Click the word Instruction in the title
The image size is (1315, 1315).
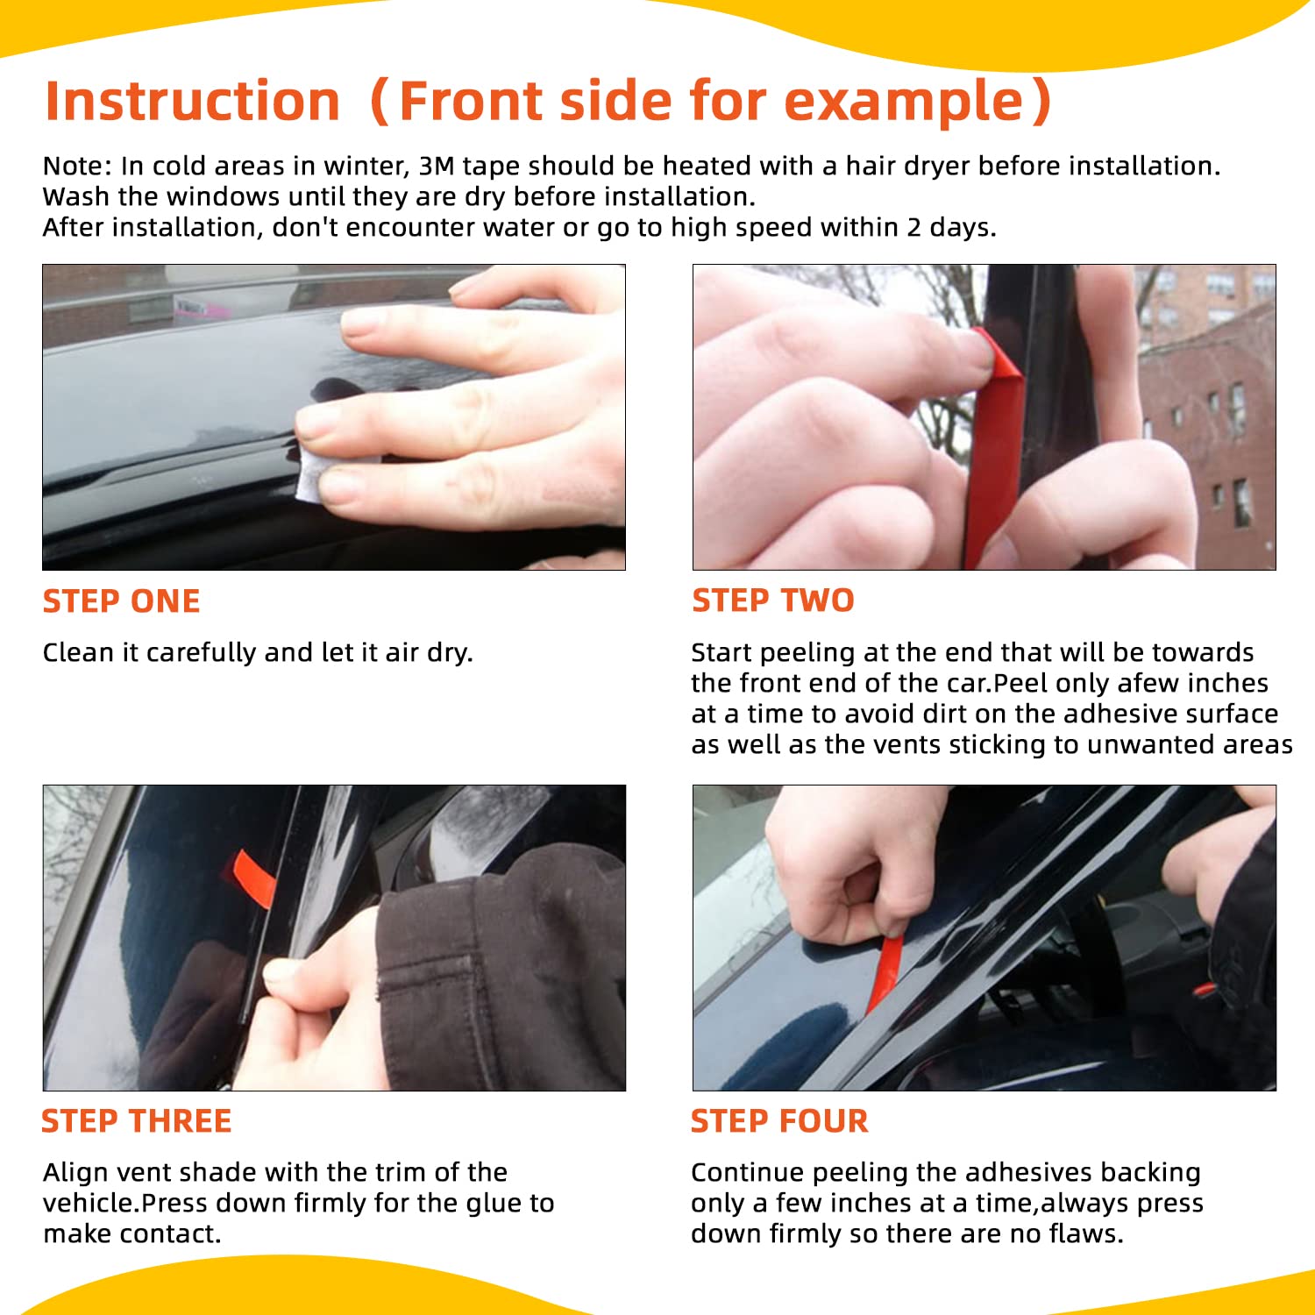pyautogui.click(x=192, y=101)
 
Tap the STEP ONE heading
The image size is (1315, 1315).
pyautogui.click(x=121, y=601)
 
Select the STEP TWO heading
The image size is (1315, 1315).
pyautogui.click(x=772, y=601)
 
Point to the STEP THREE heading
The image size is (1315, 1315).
pyautogui.click(x=136, y=1121)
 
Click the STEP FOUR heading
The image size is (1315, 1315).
pyautogui.click(x=778, y=1121)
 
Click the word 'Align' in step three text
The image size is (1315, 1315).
pyautogui.click(x=75, y=1172)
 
